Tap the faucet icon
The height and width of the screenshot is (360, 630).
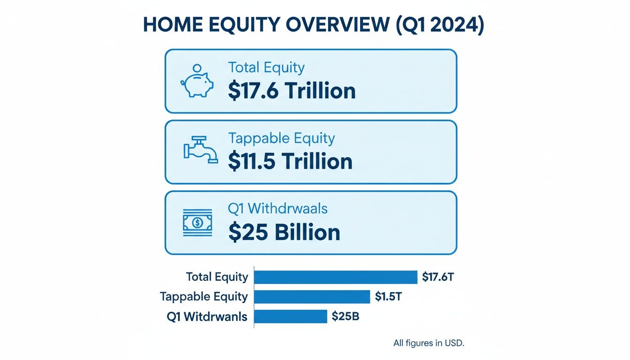[200, 150]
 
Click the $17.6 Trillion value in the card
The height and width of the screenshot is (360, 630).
[292, 90]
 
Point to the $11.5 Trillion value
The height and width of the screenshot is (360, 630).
[290, 161]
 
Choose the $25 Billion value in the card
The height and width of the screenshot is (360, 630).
[284, 232]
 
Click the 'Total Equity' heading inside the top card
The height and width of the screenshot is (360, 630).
[266, 67]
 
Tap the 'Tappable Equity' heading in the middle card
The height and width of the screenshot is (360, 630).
[281, 138]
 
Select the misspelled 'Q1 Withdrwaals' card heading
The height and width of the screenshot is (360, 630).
[278, 208]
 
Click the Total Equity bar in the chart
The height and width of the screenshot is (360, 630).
[335, 277]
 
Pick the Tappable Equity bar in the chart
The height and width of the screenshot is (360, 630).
[312, 296]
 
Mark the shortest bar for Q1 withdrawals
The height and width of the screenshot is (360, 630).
[290, 316]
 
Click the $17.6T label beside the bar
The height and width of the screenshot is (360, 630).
[438, 277]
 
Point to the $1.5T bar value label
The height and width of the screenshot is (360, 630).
[388, 296]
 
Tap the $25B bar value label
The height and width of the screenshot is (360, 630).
[345, 316]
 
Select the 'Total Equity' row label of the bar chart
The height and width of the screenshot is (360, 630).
[217, 277]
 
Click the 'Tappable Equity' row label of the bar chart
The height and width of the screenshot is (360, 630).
[203, 296]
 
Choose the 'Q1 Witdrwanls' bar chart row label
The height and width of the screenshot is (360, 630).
[207, 316]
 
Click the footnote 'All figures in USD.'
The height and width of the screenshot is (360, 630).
[428, 343]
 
